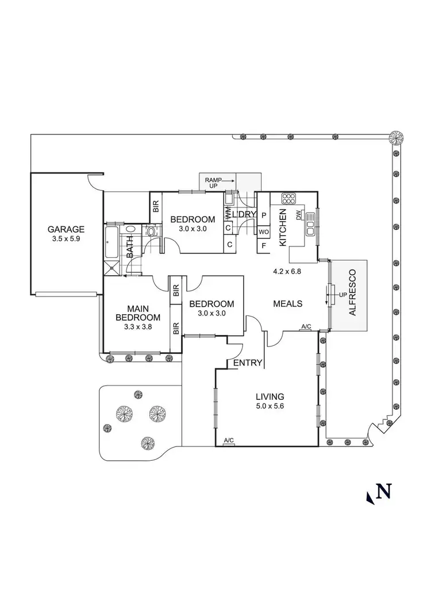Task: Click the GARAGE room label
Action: [66, 230]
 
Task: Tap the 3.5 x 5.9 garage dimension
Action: [66, 239]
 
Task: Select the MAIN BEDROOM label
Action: [138, 313]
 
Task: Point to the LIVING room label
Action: [270, 396]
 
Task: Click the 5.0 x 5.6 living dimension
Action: [270, 406]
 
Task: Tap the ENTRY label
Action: [248, 363]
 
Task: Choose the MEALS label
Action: [287, 304]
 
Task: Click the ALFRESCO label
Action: [352, 292]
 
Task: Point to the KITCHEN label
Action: [283, 227]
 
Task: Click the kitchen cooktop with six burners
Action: [288, 199]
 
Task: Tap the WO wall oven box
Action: [264, 232]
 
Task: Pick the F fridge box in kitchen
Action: [264, 245]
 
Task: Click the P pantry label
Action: [264, 215]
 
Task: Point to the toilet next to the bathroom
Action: [151, 232]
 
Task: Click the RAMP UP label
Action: [213, 183]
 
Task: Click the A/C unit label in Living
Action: [229, 440]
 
